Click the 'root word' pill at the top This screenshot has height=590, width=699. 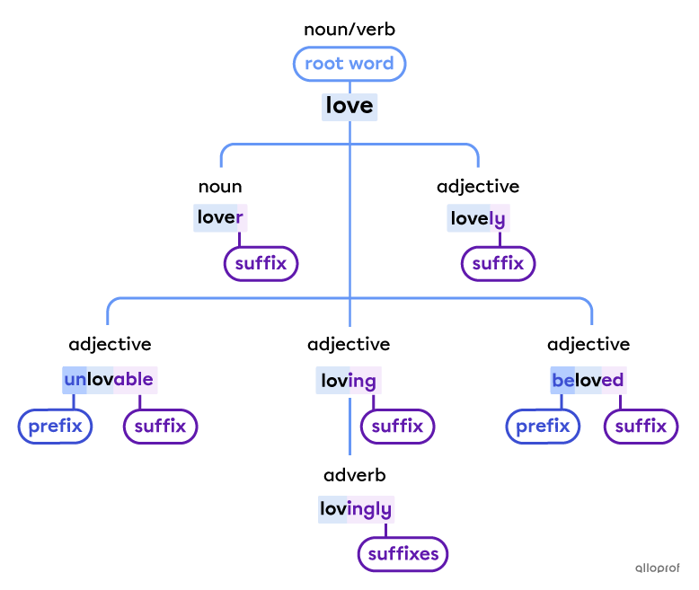pyautogui.click(x=349, y=64)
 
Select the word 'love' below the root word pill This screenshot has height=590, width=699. pyautogui.click(x=349, y=107)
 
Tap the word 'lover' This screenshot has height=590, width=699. pyautogui.click(x=220, y=217)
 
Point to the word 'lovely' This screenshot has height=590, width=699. pyautogui.click(x=478, y=218)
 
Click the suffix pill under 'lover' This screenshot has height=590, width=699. pyautogui.click(x=261, y=264)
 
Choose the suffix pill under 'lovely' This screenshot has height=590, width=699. pyautogui.click(x=498, y=264)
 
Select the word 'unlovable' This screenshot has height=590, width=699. pyautogui.click(x=110, y=380)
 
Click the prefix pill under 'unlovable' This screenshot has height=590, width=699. pyautogui.click(x=55, y=426)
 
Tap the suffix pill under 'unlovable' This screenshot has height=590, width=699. pyautogui.click(x=160, y=426)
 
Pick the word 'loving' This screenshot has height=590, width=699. pyautogui.click(x=349, y=381)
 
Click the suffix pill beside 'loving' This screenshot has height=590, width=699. pyautogui.click(x=397, y=426)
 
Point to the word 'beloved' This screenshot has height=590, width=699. pyautogui.click(x=588, y=381)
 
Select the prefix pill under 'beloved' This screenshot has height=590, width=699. pyautogui.click(x=543, y=426)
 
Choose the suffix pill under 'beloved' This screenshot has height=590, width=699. pyautogui.click(x=641, y=426)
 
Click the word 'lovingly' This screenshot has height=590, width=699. pyautogui.click(x=356, y=510)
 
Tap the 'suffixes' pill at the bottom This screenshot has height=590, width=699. pyautogui.click(x=403, y=554)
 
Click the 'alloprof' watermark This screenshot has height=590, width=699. pyautogui.click(x=657, y=568)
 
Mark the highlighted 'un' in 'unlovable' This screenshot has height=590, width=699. pyautogui.click(x=75, y=380)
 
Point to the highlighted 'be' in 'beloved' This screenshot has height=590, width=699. pyautogui.click(x=562, y=381)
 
